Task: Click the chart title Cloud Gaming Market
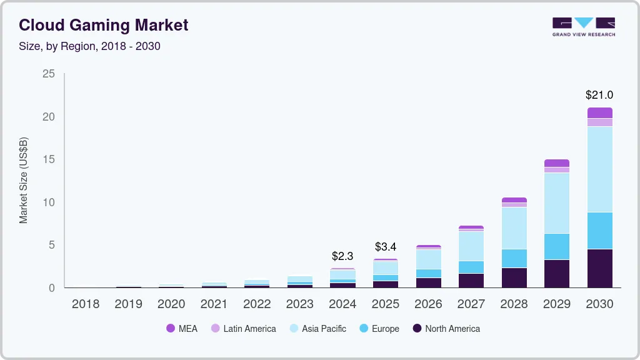tap(103, 25)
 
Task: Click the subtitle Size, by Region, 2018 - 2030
tap(89, 46)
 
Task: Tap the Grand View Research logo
tap(583, 27)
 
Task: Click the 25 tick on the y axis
tap(48, 74)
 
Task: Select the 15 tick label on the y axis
tap(48, 160)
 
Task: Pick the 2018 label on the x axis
tap(86, 304)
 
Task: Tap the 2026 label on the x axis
tap(428, 304)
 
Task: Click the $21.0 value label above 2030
tap(599, 95)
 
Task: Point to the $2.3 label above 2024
tap(342, 256)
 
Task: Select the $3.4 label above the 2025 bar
tap(385, 247)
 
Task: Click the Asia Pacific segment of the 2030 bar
tap(599, 169)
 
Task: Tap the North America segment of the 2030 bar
tap(599, 268)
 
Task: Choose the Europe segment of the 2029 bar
tap(556, 246)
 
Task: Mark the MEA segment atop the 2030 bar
tap(599, 112)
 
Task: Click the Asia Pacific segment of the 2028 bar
tap(514, 227)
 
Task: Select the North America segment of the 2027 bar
tap(471, 280)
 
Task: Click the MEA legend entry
tap(182, 329)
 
